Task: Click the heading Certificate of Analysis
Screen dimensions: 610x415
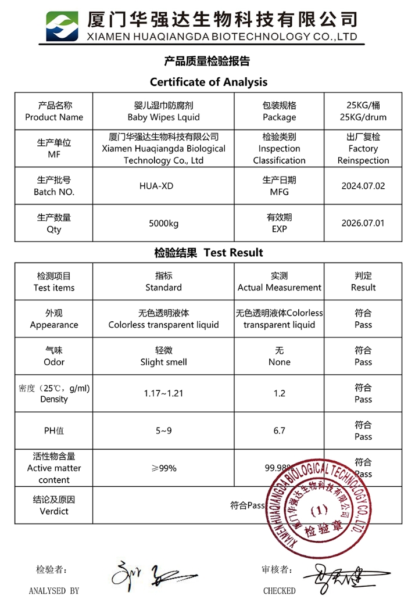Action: (209, 82)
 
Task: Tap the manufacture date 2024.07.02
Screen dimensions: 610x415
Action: (363, 186)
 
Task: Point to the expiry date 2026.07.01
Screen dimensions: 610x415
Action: (363, 223)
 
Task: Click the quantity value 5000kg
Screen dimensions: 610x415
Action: (163, 223)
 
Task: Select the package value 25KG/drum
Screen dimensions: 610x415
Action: (363, 117)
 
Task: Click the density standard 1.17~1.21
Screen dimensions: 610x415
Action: (163, 393)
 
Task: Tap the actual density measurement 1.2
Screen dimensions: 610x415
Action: (279, 393)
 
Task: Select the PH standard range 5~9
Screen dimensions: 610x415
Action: (163, 430)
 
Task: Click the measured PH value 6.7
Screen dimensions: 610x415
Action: (279, 430)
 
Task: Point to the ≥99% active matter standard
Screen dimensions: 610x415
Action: (163, 468)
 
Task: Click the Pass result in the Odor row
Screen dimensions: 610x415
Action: (363, 362)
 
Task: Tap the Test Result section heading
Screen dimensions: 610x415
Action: (209, 253)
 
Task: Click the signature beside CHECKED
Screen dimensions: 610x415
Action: (337, 578)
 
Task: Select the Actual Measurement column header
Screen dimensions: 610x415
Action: (279, 288)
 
